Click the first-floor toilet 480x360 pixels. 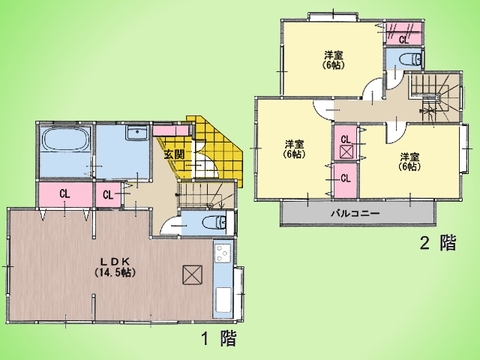coord(206,222)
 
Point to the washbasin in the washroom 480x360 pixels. coord(138,134)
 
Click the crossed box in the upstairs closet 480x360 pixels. coord(345,153)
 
